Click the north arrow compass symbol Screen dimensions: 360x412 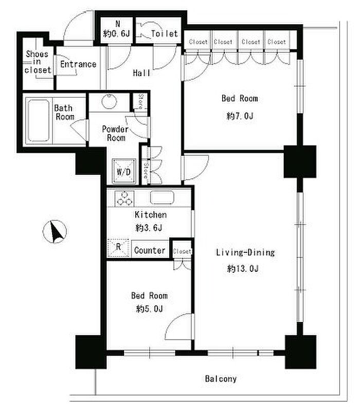coord(55,232)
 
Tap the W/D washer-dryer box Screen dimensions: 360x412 coord(124,171)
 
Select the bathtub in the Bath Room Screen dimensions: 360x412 coord(39,121)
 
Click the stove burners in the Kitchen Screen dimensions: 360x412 coord(124,198)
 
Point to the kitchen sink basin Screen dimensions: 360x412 coord(162,198)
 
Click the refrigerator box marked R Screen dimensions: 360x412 coord(118,248)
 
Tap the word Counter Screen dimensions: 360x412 coord(150,250)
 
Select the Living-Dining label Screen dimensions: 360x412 coord(245,253)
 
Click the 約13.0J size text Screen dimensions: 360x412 coord(243,269)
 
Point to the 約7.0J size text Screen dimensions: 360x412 coord(240,116)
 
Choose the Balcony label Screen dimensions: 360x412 coord(221,379)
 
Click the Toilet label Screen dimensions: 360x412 coord(165,33)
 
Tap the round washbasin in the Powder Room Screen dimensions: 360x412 coord(109,101)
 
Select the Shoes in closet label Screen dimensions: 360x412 coord(38,62)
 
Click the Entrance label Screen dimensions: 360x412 coord(78,64)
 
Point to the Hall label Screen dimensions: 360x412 coord(141,73)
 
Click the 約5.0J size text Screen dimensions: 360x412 coord(149,308)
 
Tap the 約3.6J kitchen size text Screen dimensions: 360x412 coord(149,228)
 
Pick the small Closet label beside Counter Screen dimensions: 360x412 coord(182,251)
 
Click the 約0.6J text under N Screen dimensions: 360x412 coord(117,33)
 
